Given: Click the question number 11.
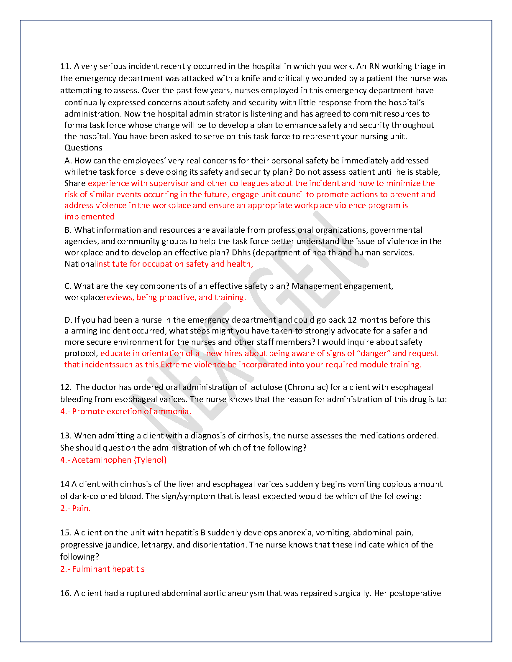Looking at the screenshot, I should coord(66,66).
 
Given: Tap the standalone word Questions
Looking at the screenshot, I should coord(83,148).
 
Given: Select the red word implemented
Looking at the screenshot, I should coord(90,216).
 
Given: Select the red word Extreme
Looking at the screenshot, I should coord(177,364).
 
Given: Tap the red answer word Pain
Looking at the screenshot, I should coord(81,508).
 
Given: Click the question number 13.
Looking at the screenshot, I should coord(66,435).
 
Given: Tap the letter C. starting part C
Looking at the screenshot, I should coord(68,286).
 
